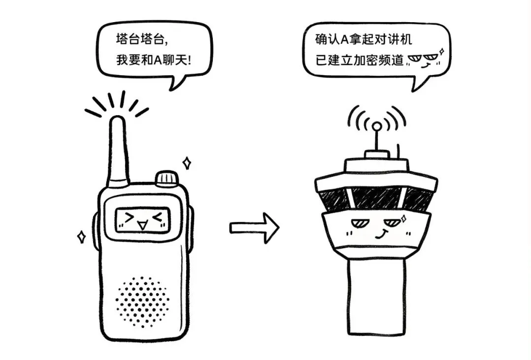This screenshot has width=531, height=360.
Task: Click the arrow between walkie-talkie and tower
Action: tap(254, 228)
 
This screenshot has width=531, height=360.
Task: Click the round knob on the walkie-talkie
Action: tap(166, 178)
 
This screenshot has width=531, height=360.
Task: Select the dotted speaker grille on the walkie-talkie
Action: tap(142, 301)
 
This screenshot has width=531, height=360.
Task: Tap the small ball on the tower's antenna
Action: tap(376, 126)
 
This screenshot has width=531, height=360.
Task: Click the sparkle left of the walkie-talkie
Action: tap(81, 237)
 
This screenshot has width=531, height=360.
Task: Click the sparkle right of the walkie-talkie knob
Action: tap(187, 163)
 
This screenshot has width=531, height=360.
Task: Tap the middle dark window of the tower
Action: tap(376, 198)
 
